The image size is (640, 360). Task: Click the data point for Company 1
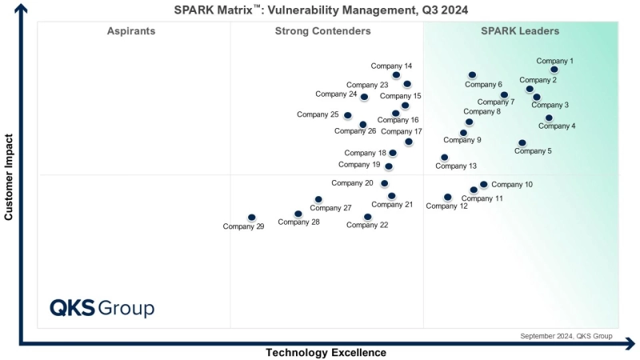click(554, 70)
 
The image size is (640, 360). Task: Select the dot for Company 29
click(252, 218)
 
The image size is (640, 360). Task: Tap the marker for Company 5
click(522, 143)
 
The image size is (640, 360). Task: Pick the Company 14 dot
click(396, 75)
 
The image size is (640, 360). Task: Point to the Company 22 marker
click(367, 217)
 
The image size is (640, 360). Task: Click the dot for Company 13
click(445, 158)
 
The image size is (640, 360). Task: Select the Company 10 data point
click(483, 185)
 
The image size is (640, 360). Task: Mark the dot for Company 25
click(347, 116)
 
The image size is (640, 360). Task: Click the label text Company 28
click(298, 222)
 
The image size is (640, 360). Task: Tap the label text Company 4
click(557, 126)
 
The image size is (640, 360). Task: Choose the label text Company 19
click(359, 165)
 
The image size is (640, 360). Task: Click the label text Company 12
click(446, 206)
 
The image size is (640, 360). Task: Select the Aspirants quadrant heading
click(131, 31)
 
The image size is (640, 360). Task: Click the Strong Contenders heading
click(322, 31)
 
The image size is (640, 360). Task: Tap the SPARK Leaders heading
click(519, 31)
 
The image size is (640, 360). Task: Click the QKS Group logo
click(102, 308)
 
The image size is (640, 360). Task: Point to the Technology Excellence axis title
click(326, 353)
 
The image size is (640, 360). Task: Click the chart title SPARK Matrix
click(321, 10)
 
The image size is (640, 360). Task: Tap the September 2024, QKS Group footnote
click(566, 336)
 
